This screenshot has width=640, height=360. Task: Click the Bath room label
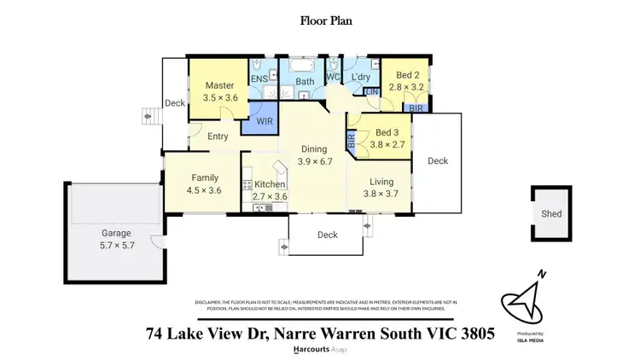(x=305, y=82)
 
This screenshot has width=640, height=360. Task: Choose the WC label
(x=333, y=78)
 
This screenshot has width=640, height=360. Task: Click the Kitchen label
(x=270, y=185)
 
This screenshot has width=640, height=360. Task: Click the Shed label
(x=551, y=214)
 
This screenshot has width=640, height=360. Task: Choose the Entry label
(x=218, y=136)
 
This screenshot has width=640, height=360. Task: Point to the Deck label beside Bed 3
(x=438, y=160)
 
